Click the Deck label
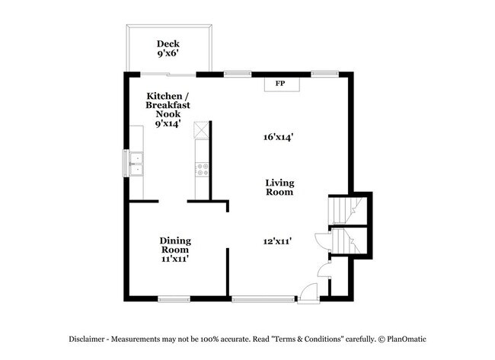click(x=168, y=43)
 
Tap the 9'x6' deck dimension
click(x=168, y=55)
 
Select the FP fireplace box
click(x=279, y=83)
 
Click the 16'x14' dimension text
click(x=279, y=137)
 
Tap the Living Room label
click(x=279, y=187)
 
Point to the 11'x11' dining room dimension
click(x=175, y=259)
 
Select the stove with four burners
click(x=203, y=170)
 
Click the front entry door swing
click(x=308, y=292)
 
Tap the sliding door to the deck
click(x=168, y=74)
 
